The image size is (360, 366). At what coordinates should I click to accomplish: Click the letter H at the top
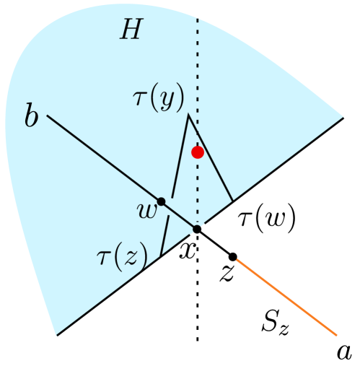pyautogui.click(x=131, y=29)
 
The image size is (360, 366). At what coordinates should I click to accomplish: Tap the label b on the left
pyautogui.click(x=31, y=116)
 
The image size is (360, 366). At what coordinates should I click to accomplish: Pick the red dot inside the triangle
pyautogui.click(x=198, y=152)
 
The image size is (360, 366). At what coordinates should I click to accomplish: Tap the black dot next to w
pyautogui.click(x=162, y=201)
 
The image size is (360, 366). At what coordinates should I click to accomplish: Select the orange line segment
pyautogui.click(x=287, y=297)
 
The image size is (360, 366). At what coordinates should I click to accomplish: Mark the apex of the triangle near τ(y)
pyautogui.click(x=188, y=114)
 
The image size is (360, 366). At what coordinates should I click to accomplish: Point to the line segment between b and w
pyautogui.click(x=105, y=158)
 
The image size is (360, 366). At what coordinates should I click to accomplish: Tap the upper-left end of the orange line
pyautogui.click(x=237, y=260)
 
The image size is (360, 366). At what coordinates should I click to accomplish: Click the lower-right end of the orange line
pyautogui.click(x=337, y=335)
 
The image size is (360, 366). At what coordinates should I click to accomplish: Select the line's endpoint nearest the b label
pyautogui.click(x=48, y=116)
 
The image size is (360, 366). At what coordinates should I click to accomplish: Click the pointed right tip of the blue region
pyautogui.click(x=344, y=116)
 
